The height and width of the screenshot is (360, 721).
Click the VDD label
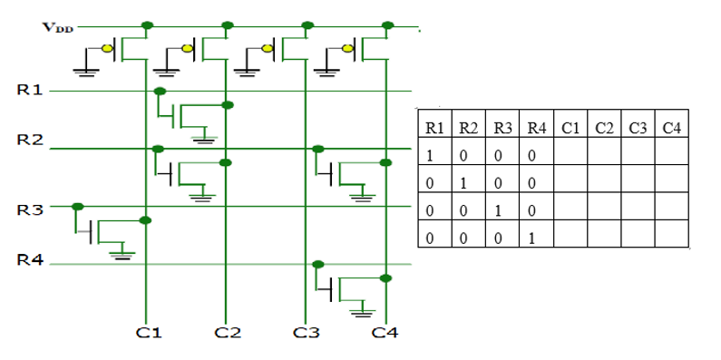click(55, 26)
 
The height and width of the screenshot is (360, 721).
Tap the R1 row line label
click(30, 91)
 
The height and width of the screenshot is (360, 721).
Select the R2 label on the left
click(30, 141)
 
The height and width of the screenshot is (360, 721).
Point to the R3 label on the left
click(30, 210)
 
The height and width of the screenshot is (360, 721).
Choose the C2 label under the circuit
click(227, 334)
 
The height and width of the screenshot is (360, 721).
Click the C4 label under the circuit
click(385, 334)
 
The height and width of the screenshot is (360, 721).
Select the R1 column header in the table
click(434, 128)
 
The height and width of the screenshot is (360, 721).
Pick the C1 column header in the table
click(570, 128)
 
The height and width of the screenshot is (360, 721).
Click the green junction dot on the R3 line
click(79, 207)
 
